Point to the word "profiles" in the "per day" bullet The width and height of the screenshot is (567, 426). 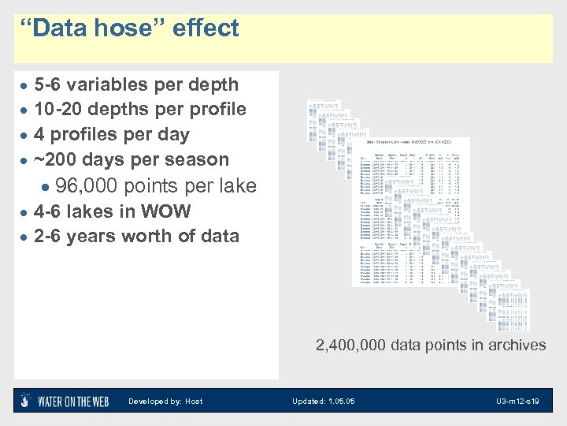[84, 134]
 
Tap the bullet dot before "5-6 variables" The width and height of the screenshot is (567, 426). [25, 85]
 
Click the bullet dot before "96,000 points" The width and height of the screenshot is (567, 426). [48, 187]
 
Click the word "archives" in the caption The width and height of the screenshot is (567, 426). [515, 345]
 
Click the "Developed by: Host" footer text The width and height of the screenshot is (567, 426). [165, 402]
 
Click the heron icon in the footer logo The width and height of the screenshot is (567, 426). [26, 401]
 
